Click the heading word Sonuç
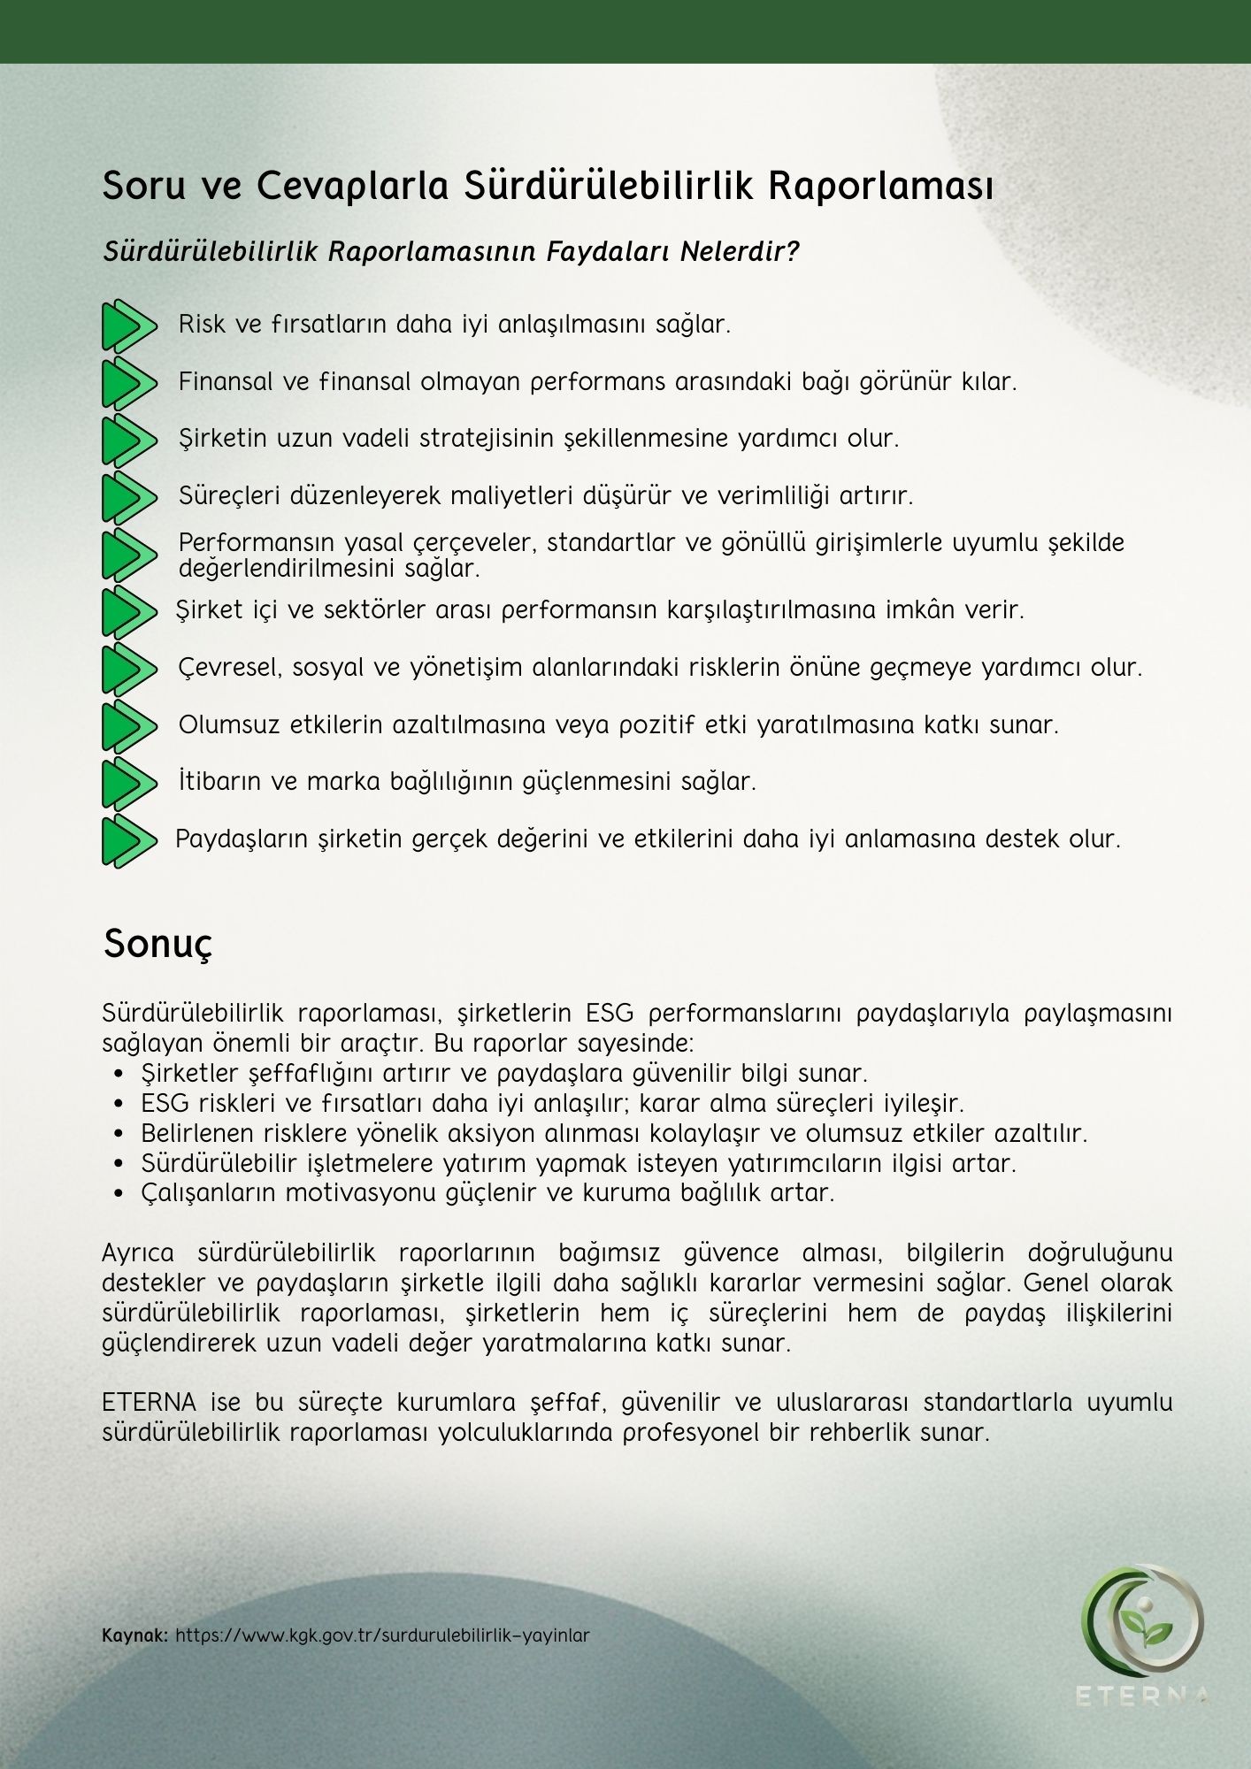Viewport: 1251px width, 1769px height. pyautogui.click(x=157, y=944)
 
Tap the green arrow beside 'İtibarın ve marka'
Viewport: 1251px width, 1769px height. pyautogui.click(x=123, y=782)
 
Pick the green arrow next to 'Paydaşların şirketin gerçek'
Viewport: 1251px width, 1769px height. pyautogui.click(x=123, y=839)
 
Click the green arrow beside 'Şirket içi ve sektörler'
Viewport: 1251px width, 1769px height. pyautogui.click(x=123, y=610)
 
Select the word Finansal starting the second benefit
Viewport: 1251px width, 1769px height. pyautogui.click(x=226, y=382)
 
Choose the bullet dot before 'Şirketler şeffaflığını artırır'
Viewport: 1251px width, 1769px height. pyautogui.click(x=119, y=1076)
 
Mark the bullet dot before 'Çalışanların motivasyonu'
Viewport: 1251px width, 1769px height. pyautogui.click(x=119, y=1194)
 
